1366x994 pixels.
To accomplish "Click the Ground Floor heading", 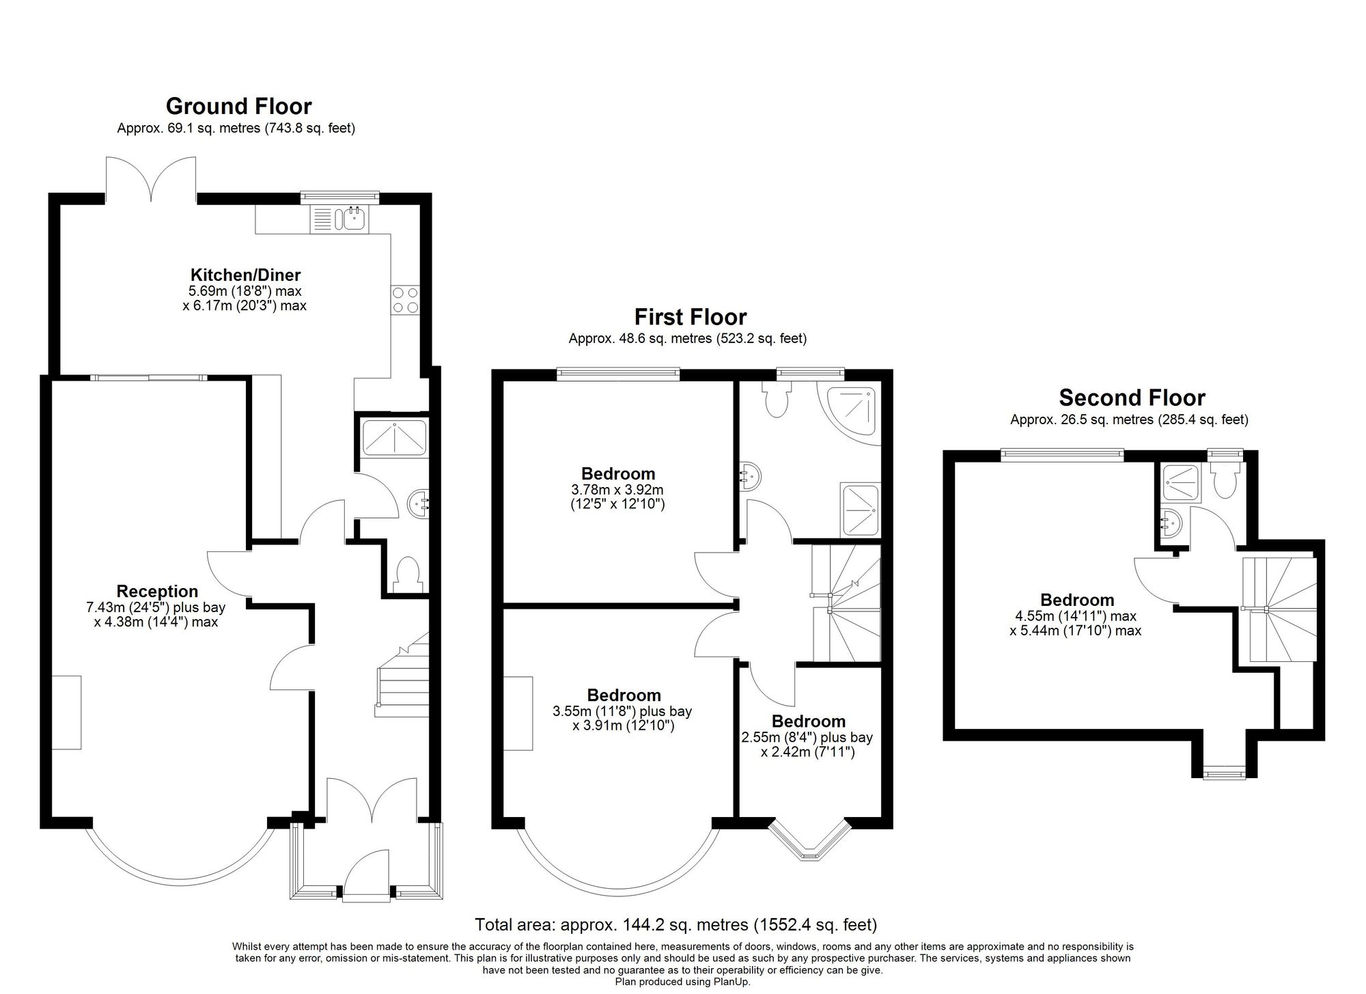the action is (x=238, y=107).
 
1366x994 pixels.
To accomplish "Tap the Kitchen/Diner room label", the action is (x=245, y=275).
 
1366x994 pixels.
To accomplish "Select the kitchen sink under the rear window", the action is (x=339, y=219).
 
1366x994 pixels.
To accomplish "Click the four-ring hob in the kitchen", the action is (x=405, y=300).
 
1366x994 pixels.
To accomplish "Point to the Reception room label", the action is (x=157, y=592).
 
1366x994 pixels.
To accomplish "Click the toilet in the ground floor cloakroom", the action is (x=408, y=573).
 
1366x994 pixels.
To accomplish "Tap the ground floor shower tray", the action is (x=394, y=437).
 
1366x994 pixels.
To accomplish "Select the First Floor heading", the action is (x=691, y=317).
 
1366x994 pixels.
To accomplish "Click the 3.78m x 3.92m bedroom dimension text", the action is (x=617, y=490).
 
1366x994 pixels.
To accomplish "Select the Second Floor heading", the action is (x=1132, y=398).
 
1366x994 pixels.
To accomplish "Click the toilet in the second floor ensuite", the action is (x=1223, y=482).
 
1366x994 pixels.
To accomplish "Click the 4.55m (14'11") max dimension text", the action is (x=1076, y=616).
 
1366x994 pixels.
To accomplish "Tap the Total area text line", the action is (x=676, y=925).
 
